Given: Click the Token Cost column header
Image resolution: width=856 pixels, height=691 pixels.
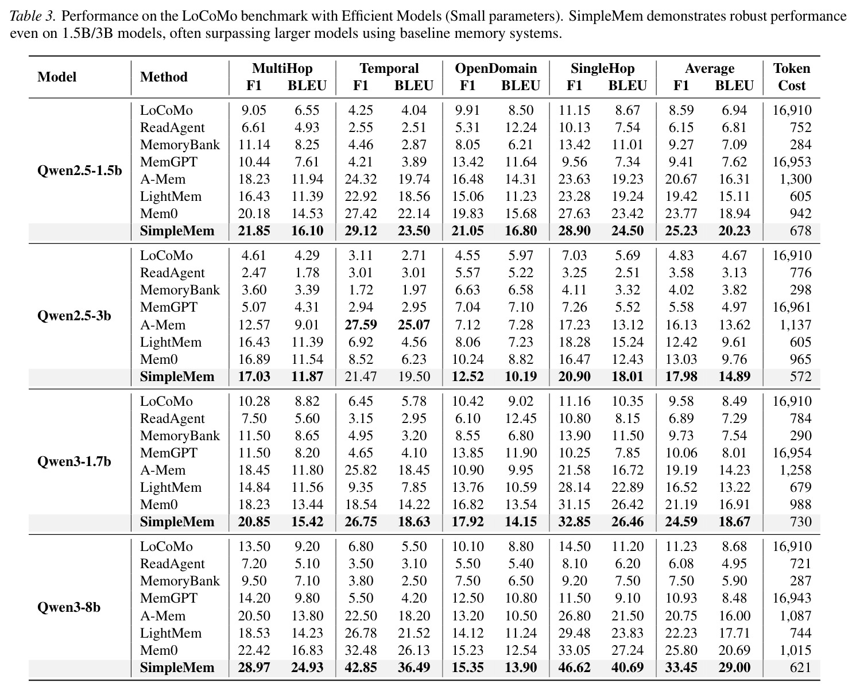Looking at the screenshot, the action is click(x=791, y=77).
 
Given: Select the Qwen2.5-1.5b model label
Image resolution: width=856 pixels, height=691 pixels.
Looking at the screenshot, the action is click(x=79, y=170).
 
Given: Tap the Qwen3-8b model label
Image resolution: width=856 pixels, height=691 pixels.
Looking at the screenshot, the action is click(x=69, y=607).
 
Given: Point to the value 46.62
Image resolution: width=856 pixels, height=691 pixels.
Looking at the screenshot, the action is click(x=574, y=667).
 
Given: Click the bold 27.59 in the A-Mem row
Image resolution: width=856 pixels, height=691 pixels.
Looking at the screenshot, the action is click(x=361, y=325).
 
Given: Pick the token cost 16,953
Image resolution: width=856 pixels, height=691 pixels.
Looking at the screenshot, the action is click(x=792, y=162).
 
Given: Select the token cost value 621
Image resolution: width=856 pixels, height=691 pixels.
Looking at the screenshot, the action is click(x=800, y=667).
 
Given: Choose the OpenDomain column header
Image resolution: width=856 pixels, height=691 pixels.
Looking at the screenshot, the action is click(x=495, y=68).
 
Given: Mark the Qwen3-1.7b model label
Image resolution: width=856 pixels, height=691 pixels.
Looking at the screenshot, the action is click(x=74, y=461).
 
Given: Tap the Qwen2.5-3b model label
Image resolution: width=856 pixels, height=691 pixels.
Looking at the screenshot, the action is click(x=74, y=316).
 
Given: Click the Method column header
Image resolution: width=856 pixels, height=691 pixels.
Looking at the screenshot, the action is click(x=164, y=77).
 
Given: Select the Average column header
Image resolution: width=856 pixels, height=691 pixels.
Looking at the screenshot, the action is click(x=710, y=68).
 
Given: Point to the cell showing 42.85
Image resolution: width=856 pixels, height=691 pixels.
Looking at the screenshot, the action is click(x=361, y=667).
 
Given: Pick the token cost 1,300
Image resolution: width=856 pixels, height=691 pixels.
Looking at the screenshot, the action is click(x=795, y=179).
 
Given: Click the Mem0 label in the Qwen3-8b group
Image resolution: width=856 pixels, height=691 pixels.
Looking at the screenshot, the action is click(x=158, y=650).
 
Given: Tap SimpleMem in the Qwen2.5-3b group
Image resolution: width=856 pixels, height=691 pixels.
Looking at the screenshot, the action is click(x=177, y=376).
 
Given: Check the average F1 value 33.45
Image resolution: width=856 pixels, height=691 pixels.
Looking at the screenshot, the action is click(x=681, y=667).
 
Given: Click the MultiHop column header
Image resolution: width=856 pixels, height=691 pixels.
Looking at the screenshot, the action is click(x=282, y=68).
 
